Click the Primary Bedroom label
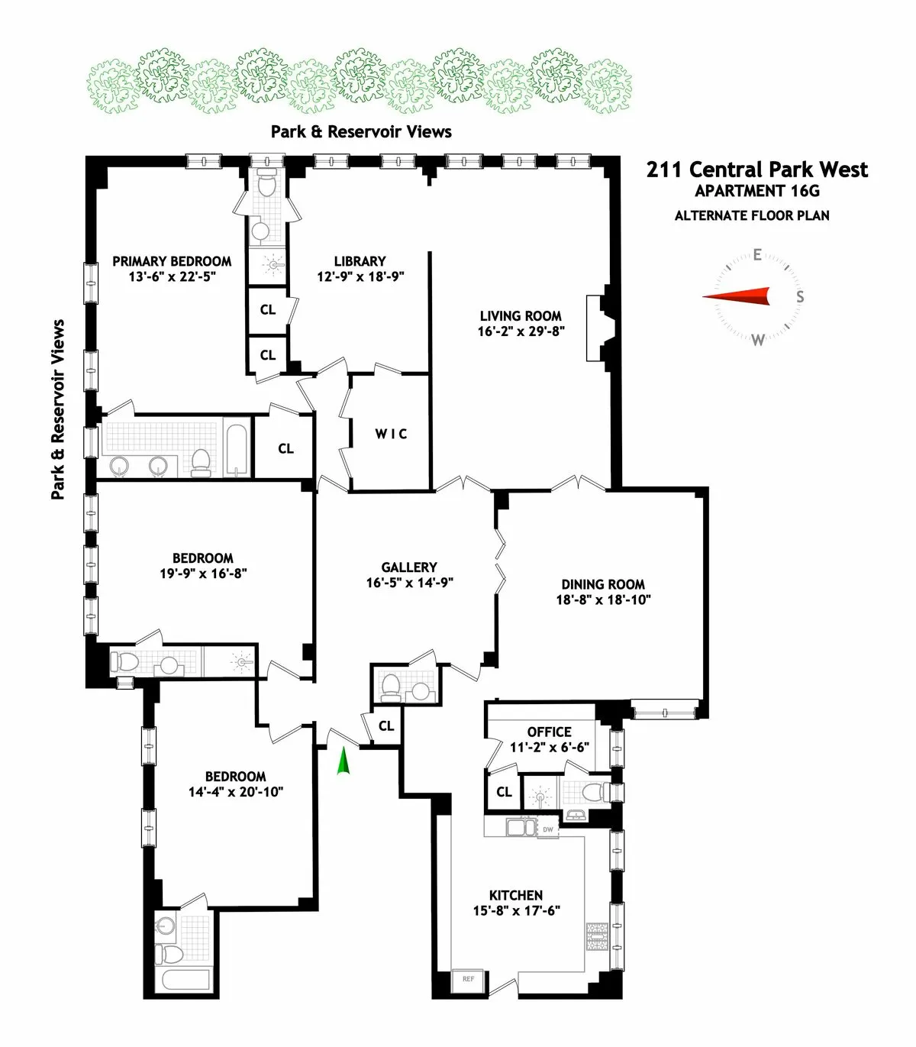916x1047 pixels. pyautogui.click(x=172, y=261)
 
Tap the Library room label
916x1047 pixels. pyautogui.click(x=360, y=261)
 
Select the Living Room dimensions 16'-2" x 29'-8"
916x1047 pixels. pyautogui.click(x=521, y=331)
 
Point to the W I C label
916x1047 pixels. pyautogui.click(x=391, y=434)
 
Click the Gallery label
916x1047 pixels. pyautogui.click(x=409, y=567)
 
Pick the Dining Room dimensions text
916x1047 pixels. pyautogui.click(x=603, y=600)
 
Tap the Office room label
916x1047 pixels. pyautogui.click(x=549, y=732)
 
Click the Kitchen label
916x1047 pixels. pyautogui.click(x=516, y=895)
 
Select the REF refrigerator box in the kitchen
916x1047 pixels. pyautogui.click(x=468, y=979)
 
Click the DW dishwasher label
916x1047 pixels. pyautogui.click(x=548, y=829)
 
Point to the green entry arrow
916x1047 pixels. pyautogui.click(x=343, y=761)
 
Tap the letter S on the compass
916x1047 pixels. pyautogui.click(x=799, y=296)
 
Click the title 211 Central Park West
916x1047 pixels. pyautogui.click(x=756, y=170)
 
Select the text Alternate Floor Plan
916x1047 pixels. pyautogui.click(x=752, y=215)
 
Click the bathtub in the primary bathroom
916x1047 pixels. pyautogui.click(x=237, y=448)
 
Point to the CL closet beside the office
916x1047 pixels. pyautogui.click(x=504, y=792)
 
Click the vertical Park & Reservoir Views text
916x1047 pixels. pyautogui.click(x=58, y=409)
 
